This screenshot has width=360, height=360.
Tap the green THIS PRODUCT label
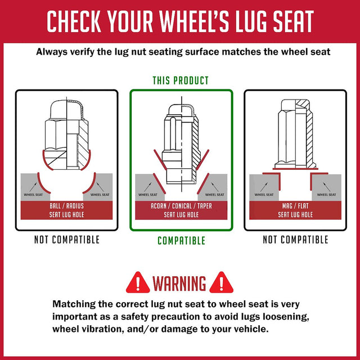pos(181,80)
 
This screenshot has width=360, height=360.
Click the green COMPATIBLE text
pos(181,241)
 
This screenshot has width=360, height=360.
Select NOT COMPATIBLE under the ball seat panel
pos(67,240)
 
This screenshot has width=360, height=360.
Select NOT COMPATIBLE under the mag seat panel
pos(295,240)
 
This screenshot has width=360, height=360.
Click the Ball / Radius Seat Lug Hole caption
pos(66,210)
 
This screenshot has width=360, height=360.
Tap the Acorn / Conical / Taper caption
pos(181,206)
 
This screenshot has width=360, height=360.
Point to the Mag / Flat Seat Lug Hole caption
pos(295,210)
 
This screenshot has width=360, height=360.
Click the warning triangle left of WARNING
pos(138,283)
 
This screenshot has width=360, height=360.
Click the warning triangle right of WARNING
pos(221,283)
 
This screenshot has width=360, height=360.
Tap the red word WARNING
pos(179,283)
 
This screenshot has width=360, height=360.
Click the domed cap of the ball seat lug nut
pos(66,110)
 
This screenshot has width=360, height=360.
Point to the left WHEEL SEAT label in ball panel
pos(33,195)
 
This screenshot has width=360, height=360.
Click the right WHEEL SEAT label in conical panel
pos(215,195)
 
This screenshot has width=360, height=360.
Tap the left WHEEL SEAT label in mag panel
pos(264,195)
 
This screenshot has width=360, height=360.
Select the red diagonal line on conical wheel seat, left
pos(159,183)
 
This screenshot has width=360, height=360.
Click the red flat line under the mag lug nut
pos(295,169)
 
